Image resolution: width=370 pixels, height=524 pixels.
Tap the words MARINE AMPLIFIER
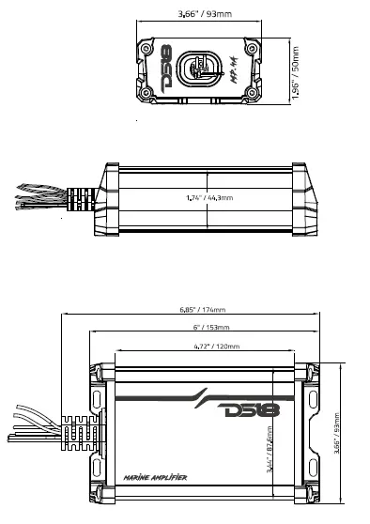point(154,479)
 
